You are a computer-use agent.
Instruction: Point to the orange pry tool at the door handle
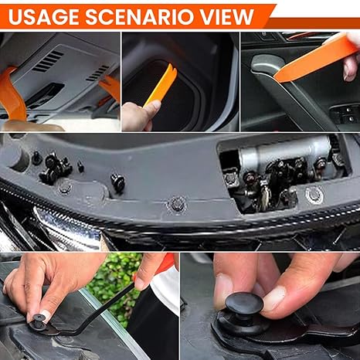pyautogui.click(x=315, y=60)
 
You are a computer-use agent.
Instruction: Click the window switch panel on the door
pyautogui.click(x=346, y=116)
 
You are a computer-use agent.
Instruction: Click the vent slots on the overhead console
pyautogui.click(x=49, y=61)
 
